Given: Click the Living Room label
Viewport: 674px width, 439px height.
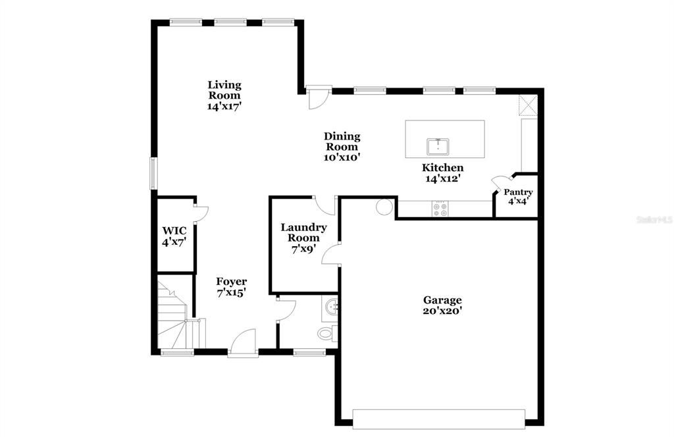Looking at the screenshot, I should [224, 95].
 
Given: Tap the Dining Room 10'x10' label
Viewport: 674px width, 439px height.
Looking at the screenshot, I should [342, 147].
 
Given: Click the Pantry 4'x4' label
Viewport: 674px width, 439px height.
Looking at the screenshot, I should [518, 197].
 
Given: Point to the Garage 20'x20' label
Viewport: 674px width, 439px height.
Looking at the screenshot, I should [442, 305].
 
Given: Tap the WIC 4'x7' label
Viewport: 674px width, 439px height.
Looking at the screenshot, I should [174, 236].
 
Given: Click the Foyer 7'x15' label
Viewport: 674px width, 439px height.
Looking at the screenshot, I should [231, 287].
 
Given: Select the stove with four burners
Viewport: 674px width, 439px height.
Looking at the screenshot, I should [440, 209].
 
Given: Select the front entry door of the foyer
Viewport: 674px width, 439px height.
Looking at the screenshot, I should [243, 343].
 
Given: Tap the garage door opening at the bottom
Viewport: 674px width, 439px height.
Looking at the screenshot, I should [438, 419].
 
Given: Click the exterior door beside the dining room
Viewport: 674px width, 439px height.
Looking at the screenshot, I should [318, 98].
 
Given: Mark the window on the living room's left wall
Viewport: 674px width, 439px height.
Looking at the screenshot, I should [153, 172].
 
